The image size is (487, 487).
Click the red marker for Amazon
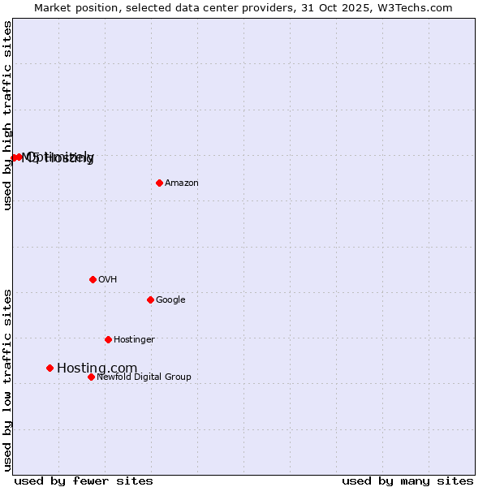point(159,183)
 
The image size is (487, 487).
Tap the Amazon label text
point(182,183)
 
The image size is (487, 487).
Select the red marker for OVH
point(93,279)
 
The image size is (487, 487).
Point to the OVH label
point(108,280)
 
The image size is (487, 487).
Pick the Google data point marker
point(150,300)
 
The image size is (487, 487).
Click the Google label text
point(170,300)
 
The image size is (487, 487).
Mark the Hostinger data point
point(108,339)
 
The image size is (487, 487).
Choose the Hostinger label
point(134,340)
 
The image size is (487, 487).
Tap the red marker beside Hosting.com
point(50,368)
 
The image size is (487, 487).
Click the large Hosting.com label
point(97,368)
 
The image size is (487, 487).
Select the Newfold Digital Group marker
point(91,377)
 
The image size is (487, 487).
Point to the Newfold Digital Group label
point(144,377)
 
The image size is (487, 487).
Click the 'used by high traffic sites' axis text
point(7,115)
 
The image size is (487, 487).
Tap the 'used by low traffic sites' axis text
point(7,379)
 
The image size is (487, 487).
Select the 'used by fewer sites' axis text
point(84,481)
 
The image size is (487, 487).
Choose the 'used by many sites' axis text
point(407,481)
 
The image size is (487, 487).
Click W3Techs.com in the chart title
point(422,7)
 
